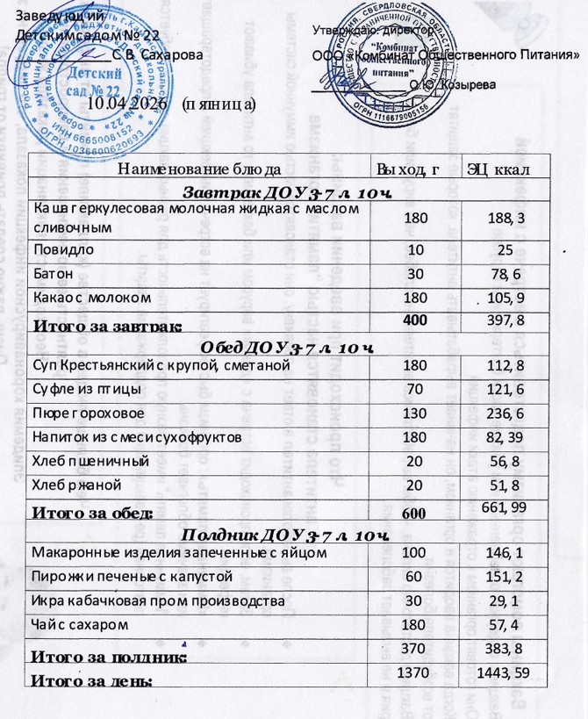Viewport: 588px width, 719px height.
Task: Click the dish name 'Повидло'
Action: tap(60, 250)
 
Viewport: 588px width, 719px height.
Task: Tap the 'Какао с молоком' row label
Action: tap(85, 297)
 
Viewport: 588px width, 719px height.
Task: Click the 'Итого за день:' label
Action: tap(92, 679)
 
